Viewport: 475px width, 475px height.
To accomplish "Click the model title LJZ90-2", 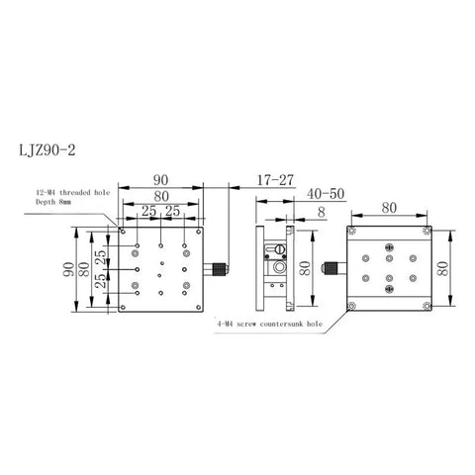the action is tap(47, 150).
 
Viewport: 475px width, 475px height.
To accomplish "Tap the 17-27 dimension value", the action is tap(275, 180).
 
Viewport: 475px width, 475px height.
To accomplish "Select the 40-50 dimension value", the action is tap(326, 194).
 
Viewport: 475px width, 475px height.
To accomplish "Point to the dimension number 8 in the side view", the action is tap(322, 213).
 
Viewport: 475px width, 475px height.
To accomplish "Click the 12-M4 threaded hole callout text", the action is tap(73, 193).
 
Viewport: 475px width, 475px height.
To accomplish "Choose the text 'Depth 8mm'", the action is tap(53, 202).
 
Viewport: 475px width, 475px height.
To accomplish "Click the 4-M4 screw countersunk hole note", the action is tap(269, 324).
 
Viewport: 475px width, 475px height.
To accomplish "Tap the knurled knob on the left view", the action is tap(220, 269).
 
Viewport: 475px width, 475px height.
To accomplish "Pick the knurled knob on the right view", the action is tap(331, 268).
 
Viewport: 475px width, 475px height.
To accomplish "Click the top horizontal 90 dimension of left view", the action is tap(160, 180).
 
